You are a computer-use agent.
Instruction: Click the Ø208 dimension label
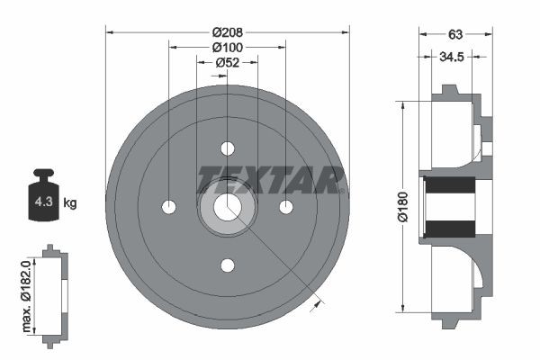tap(228, 31)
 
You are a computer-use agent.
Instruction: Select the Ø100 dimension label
tap(228, 47)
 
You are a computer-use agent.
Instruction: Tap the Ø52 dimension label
tap(228, 62)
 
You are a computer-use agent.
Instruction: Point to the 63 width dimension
tap(455, 34)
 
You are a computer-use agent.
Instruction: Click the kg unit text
tap(69, 203)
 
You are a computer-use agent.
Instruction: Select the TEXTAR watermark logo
tap(271, 177)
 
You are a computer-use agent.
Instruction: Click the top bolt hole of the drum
tap(228, 148)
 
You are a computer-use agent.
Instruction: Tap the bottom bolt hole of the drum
tap(228, 265)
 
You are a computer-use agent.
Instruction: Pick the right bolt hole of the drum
tap(286, 207)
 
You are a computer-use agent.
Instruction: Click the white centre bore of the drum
tap(228, 207)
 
